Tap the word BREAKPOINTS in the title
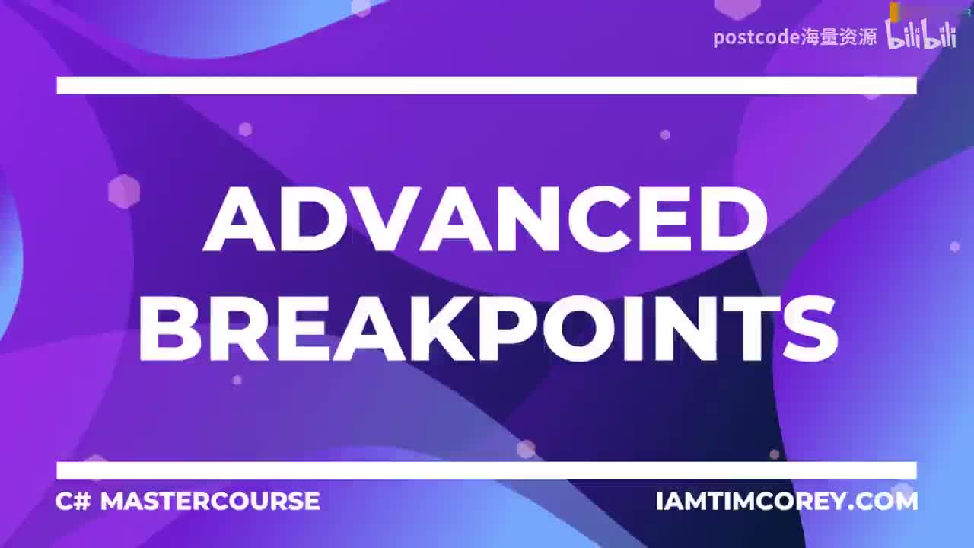click(487, 330)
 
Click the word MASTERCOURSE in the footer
click(210, 501)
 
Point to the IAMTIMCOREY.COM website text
click(787, 502)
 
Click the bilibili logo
click(921, 35)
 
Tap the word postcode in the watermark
click(756, 37)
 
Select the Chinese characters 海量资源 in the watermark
click(839, 37)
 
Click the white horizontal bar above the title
click(486, 85)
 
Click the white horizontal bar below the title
click(486, 470)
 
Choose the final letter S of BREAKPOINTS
click(806, 330)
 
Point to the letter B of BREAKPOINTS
click(169, 330)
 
